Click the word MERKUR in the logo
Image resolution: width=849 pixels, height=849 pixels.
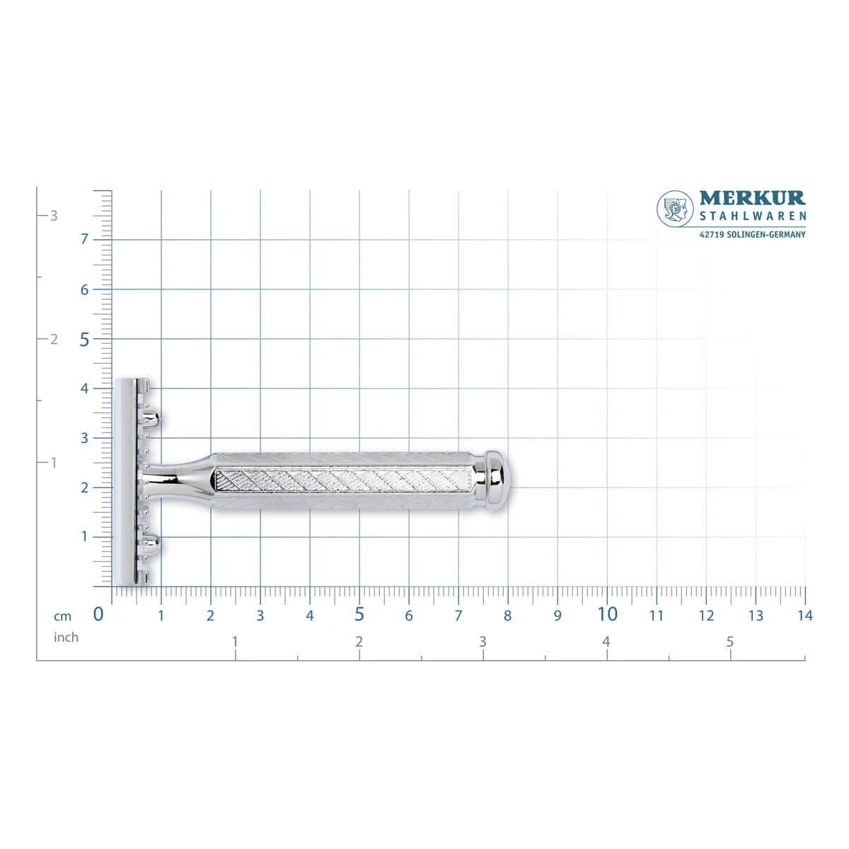pyautogui.click(x=752, y=198)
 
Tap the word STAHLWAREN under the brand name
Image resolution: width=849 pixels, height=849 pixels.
pyautogui.click(x=753, y=216)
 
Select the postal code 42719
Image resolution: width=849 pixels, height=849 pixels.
pyautogui.click(x=712, y=234)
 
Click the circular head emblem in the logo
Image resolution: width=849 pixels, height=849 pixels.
pyautogui.click(x=675, y=209)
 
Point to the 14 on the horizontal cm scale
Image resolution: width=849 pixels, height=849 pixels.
pyautogui.click(x=805, y=616)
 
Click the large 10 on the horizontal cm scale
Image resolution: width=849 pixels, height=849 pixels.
pyautogui.click(x=607, y=614)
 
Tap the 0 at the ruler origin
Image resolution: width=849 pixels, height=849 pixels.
pyautogui.click(x=98, y=614)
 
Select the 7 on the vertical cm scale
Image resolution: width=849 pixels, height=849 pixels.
pyautogui.click(x=84, y=239)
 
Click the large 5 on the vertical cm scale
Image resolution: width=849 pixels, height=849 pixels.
pyautogui.click(x=84, y=340)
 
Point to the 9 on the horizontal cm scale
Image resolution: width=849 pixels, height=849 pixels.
pyautogui.click(x=558, y=616)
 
